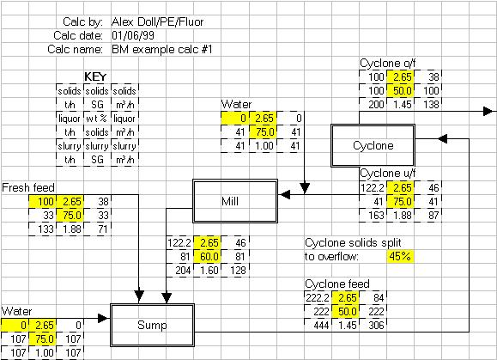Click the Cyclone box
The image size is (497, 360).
click(x=373, y=145)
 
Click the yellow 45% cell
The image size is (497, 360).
click(x=399, y=256)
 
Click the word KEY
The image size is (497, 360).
click(x=94, y=76)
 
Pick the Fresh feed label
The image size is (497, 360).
click(x=30, y=186)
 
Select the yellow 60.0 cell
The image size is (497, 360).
click(x=209, y=256)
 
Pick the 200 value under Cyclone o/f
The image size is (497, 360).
click(x=374, y=104)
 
